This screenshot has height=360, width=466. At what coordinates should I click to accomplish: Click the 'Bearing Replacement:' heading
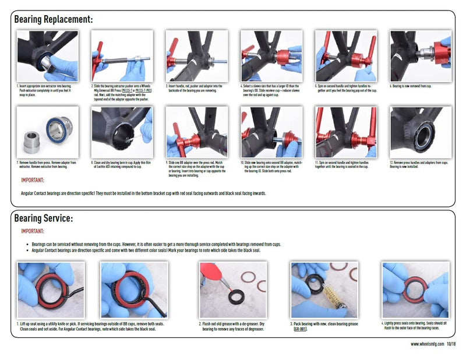(53, 19)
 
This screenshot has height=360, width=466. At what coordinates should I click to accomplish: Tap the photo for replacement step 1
(47, 56)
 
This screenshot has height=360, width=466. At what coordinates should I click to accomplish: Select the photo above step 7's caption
(47, 132)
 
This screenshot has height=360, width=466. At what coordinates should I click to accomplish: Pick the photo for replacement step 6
(420, 56)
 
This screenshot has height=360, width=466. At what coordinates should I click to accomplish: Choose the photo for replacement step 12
(420, 132)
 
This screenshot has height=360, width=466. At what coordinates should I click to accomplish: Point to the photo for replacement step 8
(122, 132)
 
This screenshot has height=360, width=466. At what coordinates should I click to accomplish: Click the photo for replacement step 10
(271, 132)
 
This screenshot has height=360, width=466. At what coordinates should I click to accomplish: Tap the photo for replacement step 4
(271, 56)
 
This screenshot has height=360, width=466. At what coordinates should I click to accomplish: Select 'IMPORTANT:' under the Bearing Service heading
(33, 231)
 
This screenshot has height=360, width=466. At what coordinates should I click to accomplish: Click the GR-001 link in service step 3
(301, 329)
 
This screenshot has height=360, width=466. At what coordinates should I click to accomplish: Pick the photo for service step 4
(415, 290)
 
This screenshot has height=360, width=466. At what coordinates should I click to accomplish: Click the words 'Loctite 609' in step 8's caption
(105, 167)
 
